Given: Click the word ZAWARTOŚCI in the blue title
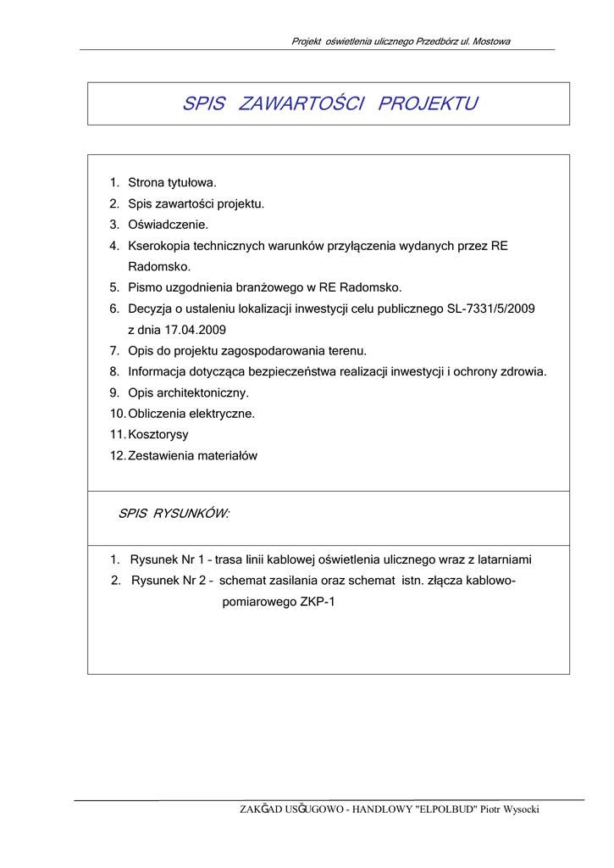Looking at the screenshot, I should (x=301, y=104).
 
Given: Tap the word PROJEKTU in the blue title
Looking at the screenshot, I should (x=428, y=104).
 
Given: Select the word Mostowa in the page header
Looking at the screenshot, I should (x=491, y=41).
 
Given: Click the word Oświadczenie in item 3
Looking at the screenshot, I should (x=168, y=225).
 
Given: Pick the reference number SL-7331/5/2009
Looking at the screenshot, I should (x=491, y=309).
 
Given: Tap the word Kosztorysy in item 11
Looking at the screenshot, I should (x=158, y=435).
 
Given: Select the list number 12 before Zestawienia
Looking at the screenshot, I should (x=117, y=456).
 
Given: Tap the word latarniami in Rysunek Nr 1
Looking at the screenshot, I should (x=505, y=560).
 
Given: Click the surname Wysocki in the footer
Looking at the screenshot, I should (x=521, y=810).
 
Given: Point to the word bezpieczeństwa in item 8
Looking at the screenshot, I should (x=287, y=372).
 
